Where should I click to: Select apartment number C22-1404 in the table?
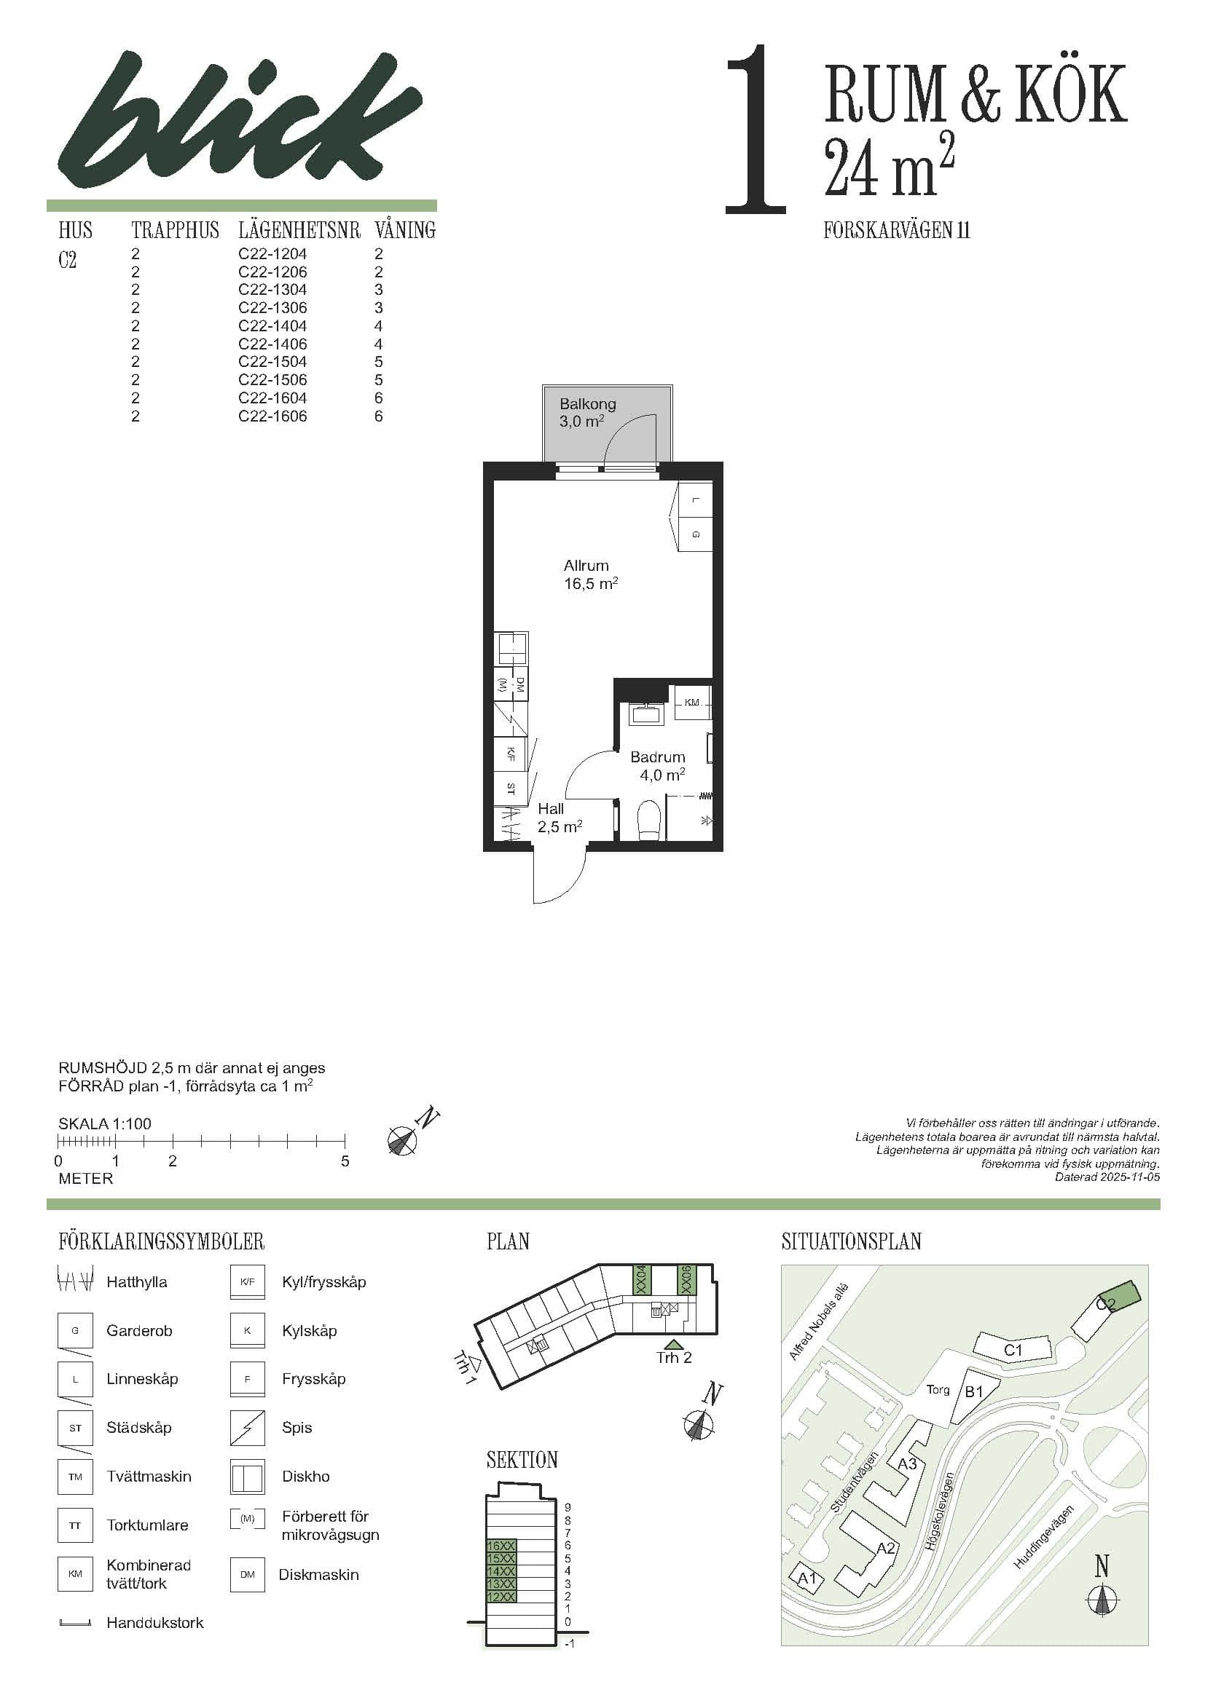pyautogui.click(x=272, y=325)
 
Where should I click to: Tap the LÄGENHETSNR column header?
pyautogui.click(x=299, y=230)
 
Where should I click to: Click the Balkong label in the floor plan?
pyautogui.click(x=587, y=404)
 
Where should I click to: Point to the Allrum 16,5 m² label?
pyautogui.click(x=590, y=574)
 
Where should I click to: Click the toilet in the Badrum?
pyautogui.click(x=649, y=820)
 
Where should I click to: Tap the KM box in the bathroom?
pyautogui.click(x=691, y=702)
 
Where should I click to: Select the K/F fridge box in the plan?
pyautogui.click(x=511, y=754)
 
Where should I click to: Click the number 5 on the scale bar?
pyautogui.click(x=345, y=1161)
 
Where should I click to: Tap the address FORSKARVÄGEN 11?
pyautogui.click(x=896, y=231)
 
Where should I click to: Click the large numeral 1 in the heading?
pyautogui.click(x=755, y=130)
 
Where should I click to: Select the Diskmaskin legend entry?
pyautogui.click(x=318, y=1574)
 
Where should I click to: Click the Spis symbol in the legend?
pyautogui.click(x=247, y=1428)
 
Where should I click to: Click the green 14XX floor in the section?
pyautogui.click(x=501, y=1571)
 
